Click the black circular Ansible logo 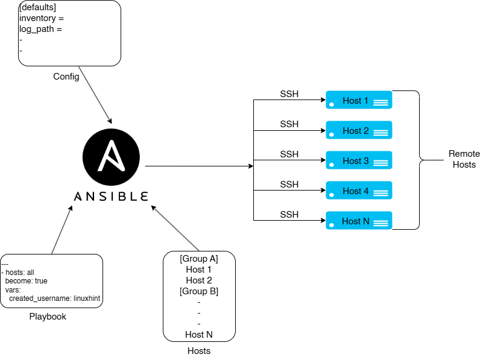click(x=111, y=157)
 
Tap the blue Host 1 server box click(x=359, y=99)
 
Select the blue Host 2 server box click(x=359, y=130)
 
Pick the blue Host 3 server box click(x=359, y=160)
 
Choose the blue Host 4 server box click(x=359, y=191)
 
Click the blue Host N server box click(x=359, y=221)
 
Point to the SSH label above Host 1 click(x=289, y=94)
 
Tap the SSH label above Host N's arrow click(x=289, y=214)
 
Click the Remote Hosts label click(x=464, y=159)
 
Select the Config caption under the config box click(x=66, y=77)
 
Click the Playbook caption click(x=48, y=317)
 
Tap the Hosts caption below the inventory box click(x=199, y=351)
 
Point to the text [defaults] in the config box click(x=37, y=7)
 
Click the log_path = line click(x=40, y=30)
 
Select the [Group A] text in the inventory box click(x=199, y=259)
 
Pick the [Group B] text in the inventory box click(x=199, y=291)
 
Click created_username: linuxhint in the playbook click(x=54, y=298)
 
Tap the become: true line click(x=26, y=281)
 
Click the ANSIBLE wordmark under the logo click(x=111, y=197)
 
